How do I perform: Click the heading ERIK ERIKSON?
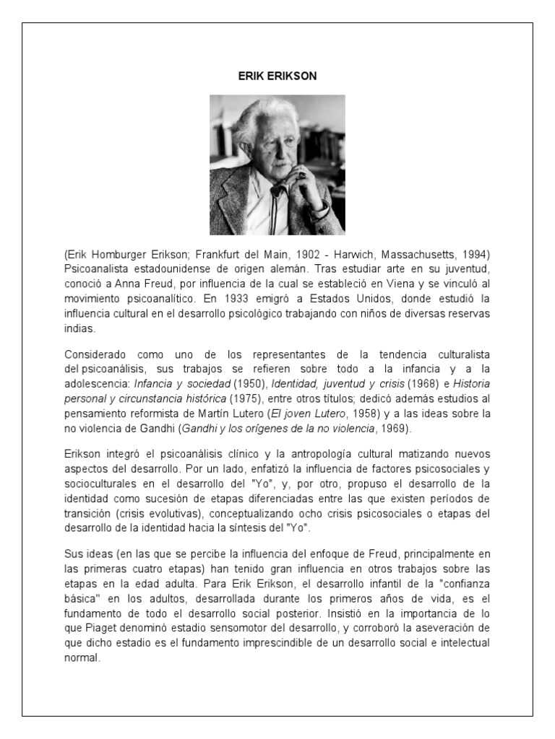(277, 75)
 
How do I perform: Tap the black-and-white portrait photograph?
(277, 165)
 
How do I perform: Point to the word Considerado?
(95, 355)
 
